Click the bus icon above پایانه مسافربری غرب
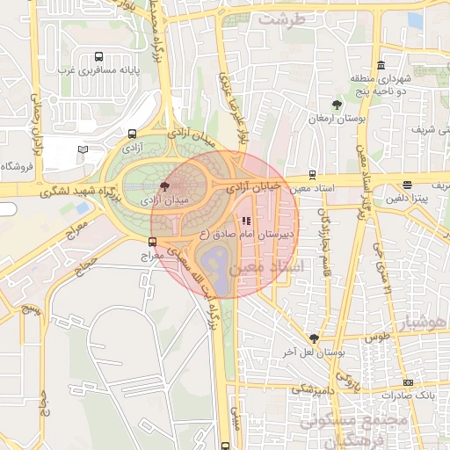click(97, 55)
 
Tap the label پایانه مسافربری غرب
click(97, 69)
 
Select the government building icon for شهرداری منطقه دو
click(380, 65)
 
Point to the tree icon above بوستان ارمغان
click(337, 105)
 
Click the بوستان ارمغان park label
click(330, 117)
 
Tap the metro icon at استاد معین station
click(312, 174)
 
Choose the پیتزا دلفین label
click(405, 198)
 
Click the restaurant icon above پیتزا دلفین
click(406, 185)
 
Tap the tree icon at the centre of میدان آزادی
click(165, 186)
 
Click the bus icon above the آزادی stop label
click(132, 134)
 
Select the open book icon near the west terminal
click(83, 149)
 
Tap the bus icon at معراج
click(153, 242)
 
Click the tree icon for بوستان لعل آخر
click(314, 337)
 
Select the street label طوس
click(377, 337)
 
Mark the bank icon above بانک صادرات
click(408, 382)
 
